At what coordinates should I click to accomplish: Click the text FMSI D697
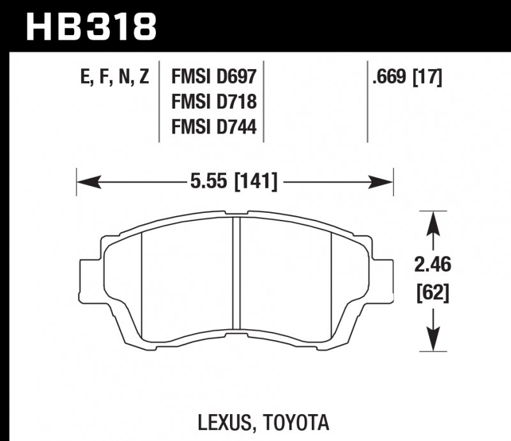pyautogui.click(x=213, y=78)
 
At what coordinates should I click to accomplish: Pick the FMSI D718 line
pyautogui.click(x=213, y=103)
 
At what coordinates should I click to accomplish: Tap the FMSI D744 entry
pyautogui.click(x=213, y=128)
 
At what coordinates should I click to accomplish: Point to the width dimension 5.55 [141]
pyautogui.click(x=233, y=183)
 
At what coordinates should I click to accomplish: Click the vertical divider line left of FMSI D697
pyautogui.click(x=159, y=102)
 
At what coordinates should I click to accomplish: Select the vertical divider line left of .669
pyautogui.click(x=367, y=102)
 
